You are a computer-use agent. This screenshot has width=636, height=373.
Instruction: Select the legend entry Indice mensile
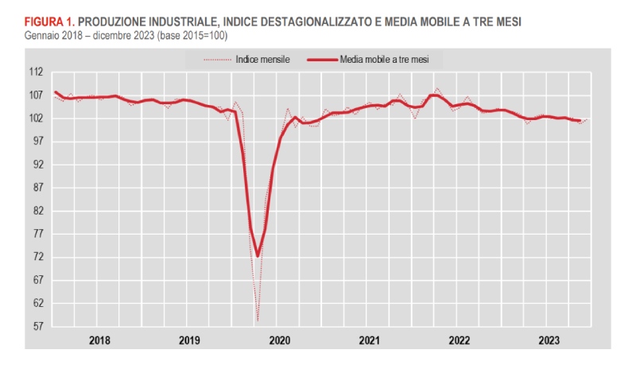(263, 59)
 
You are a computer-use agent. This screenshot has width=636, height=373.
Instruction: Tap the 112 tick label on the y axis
(36, 72)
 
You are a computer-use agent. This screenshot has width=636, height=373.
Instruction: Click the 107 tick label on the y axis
(36, 95)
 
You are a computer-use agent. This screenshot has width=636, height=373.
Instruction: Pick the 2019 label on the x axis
(189, 340)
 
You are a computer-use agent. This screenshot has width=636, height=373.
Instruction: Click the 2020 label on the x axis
(279, 340)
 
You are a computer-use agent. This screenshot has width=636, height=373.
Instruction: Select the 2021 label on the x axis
(369, 340)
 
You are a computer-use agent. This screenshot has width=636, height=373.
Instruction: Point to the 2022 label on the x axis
(459, 340)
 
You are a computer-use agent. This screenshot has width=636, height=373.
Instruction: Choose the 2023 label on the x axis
(549, 340)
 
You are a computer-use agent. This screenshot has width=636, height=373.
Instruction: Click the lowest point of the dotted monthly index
(258, 321)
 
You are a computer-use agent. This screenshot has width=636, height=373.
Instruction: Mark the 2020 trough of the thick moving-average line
(258, 256)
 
